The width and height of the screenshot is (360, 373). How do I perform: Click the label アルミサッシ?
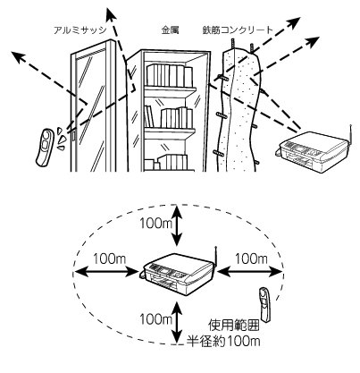coord(80,30)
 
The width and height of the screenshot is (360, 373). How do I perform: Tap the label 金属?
coord(170,30)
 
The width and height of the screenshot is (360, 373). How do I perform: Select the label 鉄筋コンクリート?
coord(238,30)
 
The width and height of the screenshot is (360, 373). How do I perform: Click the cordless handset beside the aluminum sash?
coord(45,147)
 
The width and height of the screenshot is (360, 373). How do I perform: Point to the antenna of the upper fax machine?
coord(351,134)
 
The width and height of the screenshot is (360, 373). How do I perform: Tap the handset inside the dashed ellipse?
coord(264,305)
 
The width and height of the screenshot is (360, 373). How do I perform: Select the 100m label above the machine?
coord(156,223)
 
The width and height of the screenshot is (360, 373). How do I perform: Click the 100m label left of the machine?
coord(110,259)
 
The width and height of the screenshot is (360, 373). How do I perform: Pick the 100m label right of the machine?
coord(252,259)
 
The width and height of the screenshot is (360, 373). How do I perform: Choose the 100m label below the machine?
coord(156,319)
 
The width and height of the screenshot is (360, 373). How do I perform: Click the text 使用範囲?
coord(233,326)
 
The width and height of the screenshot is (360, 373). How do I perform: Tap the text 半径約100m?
coord(223,341)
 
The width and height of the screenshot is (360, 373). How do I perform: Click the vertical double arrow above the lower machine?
coord(178,225)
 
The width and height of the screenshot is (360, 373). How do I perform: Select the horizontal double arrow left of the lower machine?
coord(105,272)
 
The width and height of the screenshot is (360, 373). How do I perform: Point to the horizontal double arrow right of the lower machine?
coord(250,272)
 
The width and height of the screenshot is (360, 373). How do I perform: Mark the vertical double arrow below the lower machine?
coord(178,324)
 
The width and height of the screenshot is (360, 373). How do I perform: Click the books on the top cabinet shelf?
coord(170,75)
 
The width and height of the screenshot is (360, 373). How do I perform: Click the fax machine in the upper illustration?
coord(314,151)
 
